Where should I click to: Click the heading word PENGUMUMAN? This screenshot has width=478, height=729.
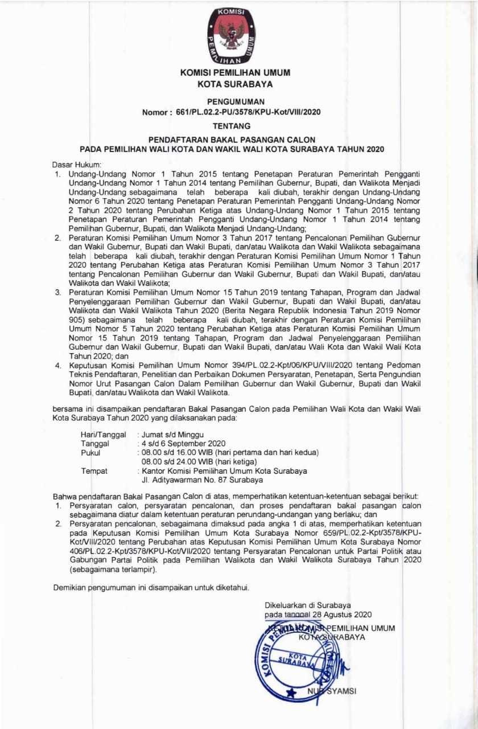tap(234, 101)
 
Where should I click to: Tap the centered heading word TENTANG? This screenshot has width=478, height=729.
tap(234, 126)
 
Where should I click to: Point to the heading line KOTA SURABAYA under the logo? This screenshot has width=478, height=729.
tap(234, 84)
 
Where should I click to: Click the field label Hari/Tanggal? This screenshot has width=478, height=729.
tap(103, 435)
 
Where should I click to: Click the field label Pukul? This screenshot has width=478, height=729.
tap(91, 453)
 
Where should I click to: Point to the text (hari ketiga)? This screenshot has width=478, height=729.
tap(233, 461)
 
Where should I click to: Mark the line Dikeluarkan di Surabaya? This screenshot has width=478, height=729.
tap(307, 605)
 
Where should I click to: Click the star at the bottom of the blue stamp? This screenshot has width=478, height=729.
tap(291, 693)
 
